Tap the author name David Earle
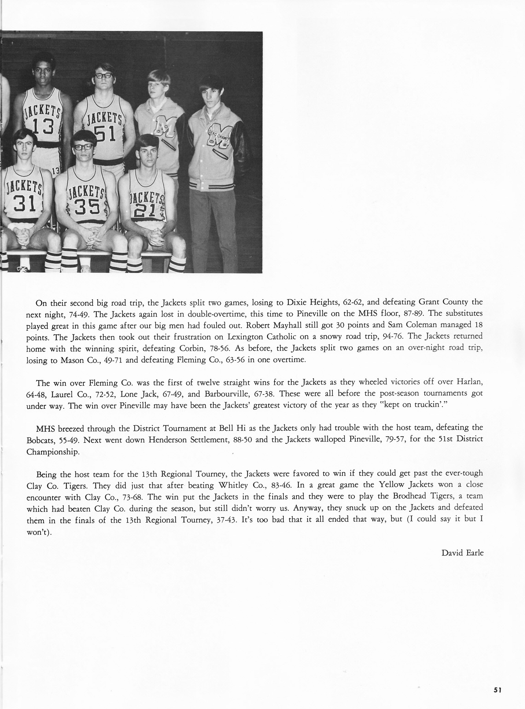pyautogui.click(x=462, y=552)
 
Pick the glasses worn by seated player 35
pyautogui.click(x=83, y=147)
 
